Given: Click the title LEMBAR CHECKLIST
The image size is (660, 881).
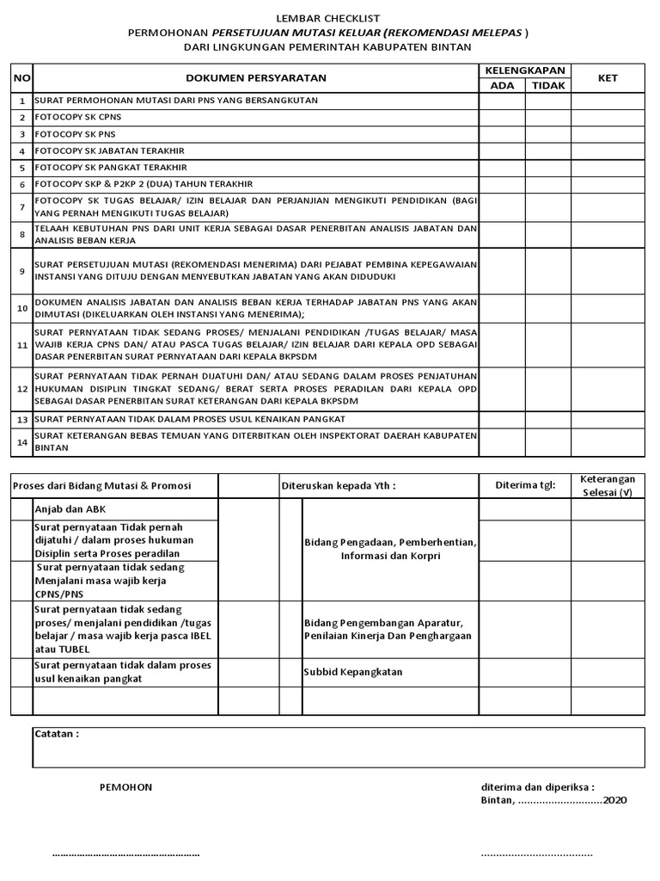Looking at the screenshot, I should [329, 18].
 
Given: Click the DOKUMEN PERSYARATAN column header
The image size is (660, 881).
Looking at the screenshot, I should [255, 78].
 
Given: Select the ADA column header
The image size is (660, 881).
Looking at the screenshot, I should [502, 85].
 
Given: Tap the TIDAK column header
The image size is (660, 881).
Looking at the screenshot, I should [547, 85].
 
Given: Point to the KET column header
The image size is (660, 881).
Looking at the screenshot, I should [608, 78].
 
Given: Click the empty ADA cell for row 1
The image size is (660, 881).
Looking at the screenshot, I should [502, 101].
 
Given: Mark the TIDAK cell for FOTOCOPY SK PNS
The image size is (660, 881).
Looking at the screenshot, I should [547, 134].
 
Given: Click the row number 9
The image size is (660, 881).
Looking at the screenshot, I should [22, 271].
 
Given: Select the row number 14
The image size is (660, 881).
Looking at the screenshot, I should [22, 442].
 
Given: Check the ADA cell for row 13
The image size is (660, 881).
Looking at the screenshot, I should [502, 419].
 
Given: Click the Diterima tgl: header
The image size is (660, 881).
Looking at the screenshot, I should [525, 485].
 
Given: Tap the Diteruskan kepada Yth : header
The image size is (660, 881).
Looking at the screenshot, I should [339, 485].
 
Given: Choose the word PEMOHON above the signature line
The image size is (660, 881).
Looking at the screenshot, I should [125, 787].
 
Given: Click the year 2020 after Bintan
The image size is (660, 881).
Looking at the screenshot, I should [614, 800].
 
